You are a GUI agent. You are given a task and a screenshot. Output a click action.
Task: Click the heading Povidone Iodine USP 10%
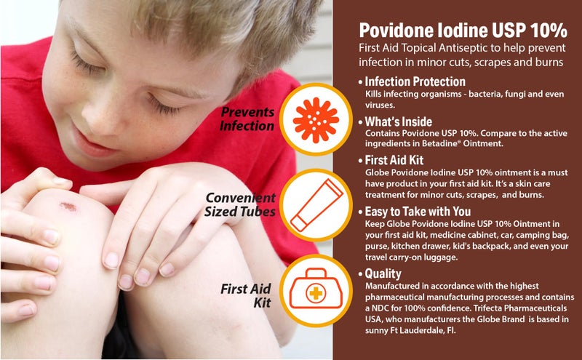(463, 31)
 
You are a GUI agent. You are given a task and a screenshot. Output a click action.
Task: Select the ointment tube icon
(316, 204)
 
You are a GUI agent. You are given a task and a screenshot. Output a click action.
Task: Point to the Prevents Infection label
(248, 119)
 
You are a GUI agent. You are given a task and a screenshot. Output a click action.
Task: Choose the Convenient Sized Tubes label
(241, 204)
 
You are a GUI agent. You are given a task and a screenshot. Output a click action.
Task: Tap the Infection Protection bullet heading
(415, 81)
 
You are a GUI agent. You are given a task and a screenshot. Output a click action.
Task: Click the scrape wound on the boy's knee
(68, 207)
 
